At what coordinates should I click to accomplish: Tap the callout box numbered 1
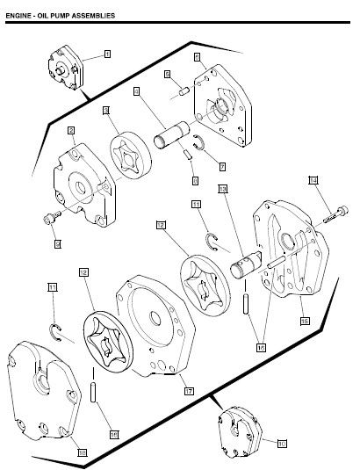tap(107, 54)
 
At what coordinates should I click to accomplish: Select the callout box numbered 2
tap(69, 131)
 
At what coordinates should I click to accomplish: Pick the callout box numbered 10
tap(281, 444)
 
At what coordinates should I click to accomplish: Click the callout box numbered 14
tap(313, 180)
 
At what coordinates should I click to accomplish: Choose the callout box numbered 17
tap(189, 390)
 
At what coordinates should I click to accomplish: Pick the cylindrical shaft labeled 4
tap(171, 139)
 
